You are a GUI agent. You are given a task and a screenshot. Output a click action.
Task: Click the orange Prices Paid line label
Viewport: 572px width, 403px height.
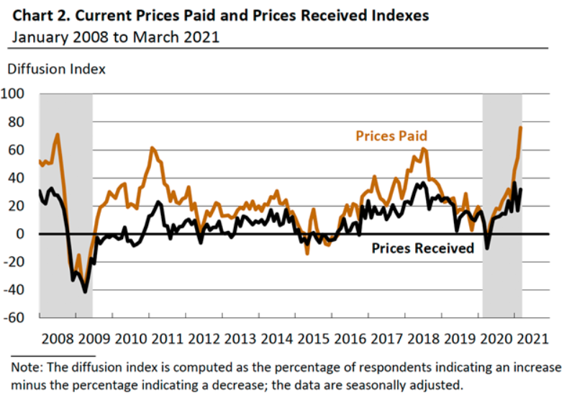coord(391,136)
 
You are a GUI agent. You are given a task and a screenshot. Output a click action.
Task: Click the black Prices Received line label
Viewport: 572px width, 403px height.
coord(422,248)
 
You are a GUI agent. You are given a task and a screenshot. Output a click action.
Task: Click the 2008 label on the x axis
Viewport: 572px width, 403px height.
coord(58,339)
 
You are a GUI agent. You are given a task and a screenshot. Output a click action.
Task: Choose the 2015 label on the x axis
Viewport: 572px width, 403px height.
coord(314,339)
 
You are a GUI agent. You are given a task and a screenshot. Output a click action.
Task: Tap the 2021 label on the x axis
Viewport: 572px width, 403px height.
coord(532,339)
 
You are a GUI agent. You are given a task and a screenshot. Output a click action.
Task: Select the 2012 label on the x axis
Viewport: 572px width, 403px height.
coord(204,339)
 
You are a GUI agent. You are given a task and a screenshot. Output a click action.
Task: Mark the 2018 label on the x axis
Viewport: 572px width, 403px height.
coord(423,339)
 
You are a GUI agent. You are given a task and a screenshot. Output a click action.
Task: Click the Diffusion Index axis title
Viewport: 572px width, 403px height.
coord(56,70)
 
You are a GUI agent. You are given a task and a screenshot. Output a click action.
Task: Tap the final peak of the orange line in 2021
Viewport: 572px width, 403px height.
coord(521,127)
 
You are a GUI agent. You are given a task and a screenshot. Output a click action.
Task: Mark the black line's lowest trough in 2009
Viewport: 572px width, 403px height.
coord(85,291)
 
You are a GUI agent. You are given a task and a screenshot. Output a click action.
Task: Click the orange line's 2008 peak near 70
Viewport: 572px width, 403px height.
coord(57,134)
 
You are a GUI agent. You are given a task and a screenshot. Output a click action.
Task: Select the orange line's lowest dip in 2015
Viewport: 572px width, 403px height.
coord(307,253)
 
